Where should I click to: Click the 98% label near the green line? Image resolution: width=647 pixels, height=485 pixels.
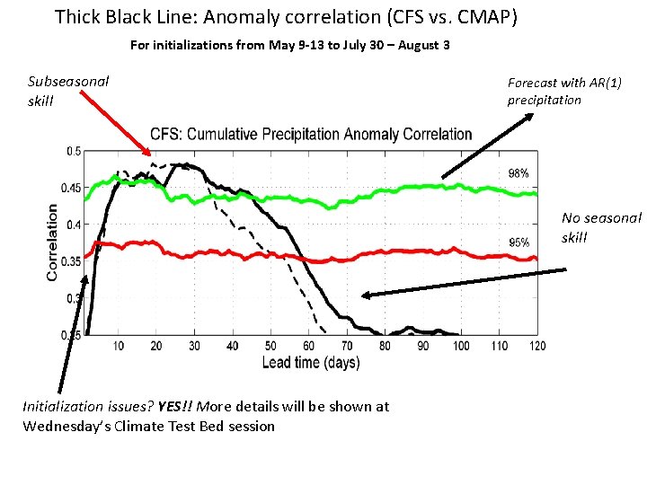[x=518, y=173]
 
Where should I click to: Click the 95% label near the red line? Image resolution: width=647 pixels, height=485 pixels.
[x=518, y=242]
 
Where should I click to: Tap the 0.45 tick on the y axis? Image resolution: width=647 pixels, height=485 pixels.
[x=69, y=188]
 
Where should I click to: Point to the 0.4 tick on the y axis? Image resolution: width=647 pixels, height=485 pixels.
[x=73, y=225]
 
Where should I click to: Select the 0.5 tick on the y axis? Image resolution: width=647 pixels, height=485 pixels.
[x=73, y=151]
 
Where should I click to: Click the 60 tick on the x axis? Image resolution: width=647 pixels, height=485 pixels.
[x=309, y=346]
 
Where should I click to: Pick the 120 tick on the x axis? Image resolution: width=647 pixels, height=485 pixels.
[x=537, y=346]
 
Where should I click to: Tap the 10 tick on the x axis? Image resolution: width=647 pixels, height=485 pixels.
[x=119, y=346]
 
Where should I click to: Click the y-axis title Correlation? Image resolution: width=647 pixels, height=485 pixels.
[x=53, y=241]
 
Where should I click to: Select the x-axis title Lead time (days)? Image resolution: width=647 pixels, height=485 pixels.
[x=310, y=363]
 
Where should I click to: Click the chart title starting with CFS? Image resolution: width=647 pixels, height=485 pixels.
[x=311, y=134]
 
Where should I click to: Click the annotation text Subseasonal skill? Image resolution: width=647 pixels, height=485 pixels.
[x=68, y=91]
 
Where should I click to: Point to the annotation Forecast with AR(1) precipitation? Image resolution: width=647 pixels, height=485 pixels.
[x=564, y=91]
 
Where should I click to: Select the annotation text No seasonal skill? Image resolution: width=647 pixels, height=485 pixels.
[x=601, y=227]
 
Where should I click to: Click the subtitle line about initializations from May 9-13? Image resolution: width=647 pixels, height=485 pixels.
[x=289, y=45]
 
